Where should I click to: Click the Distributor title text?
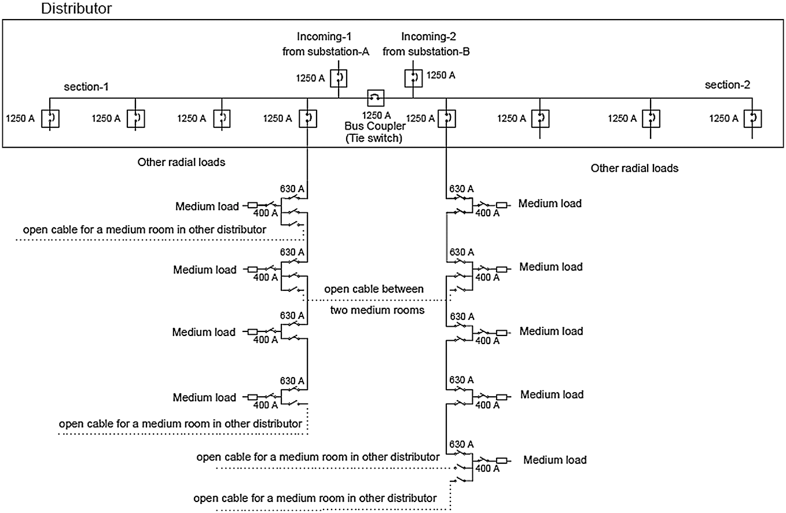76,9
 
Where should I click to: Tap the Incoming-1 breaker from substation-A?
339,77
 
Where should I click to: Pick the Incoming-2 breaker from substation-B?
413,77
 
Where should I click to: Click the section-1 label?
86,87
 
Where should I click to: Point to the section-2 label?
728,86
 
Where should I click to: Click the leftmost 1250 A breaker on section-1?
50,119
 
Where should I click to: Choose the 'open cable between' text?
374,289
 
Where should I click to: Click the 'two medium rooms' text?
377,310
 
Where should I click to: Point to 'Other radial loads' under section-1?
181,163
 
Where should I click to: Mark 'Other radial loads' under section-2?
634,168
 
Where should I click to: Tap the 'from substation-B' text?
427,51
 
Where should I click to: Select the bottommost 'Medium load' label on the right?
555,460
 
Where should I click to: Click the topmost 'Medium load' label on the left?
205,206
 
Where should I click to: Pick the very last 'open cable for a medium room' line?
315,498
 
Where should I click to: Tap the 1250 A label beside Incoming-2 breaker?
440,75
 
